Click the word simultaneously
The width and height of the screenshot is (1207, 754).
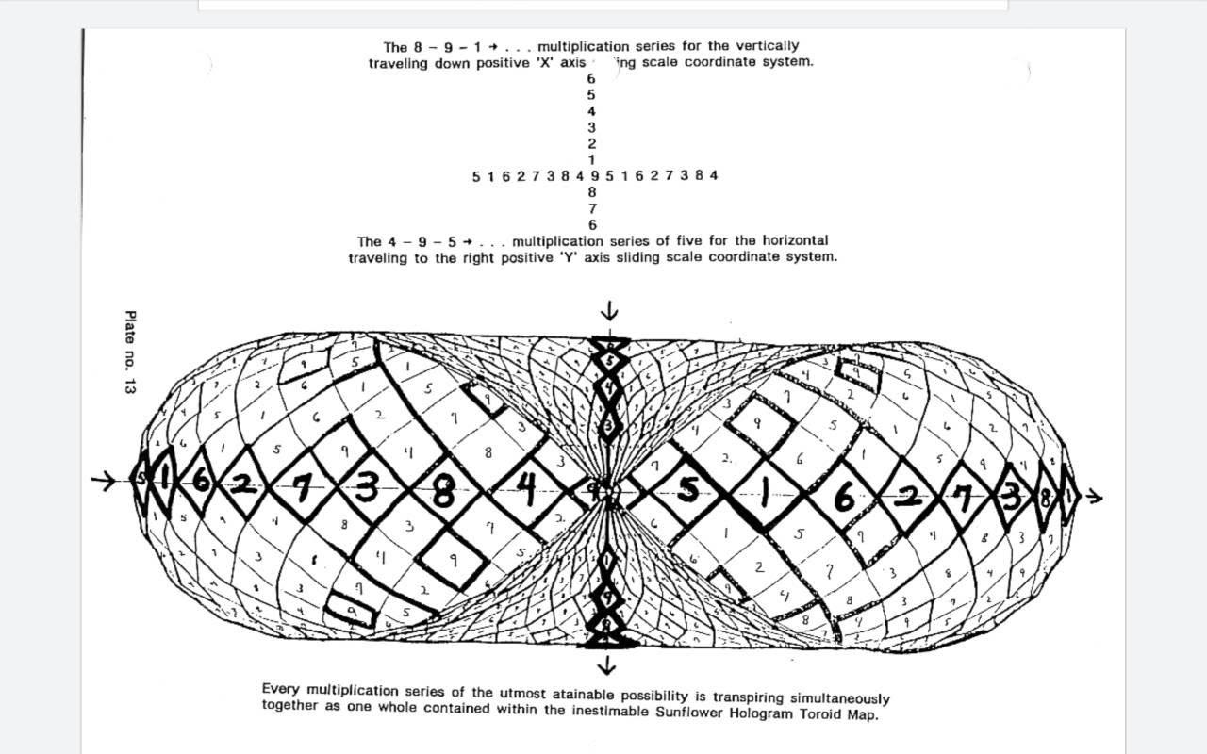pyautogui.click(x=839, y=698)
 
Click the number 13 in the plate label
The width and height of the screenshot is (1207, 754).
pyautogui.click(x=130, y=384)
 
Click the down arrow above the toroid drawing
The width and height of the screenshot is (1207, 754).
pyautogui.click(x=609, y=311)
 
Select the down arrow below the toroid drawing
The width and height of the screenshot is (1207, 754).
pyautogui.click(x=606, y=665)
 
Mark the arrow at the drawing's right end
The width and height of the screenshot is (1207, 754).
pyautogui.click(x=1093, y=495)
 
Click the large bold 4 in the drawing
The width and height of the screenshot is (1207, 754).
pyautogui.click(x=526, y=486)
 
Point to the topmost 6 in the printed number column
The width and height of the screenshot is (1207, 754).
pyautogui.click(x=591, y=78)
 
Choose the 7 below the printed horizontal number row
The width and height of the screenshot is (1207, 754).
pyautogui.click(x=592, y=208)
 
